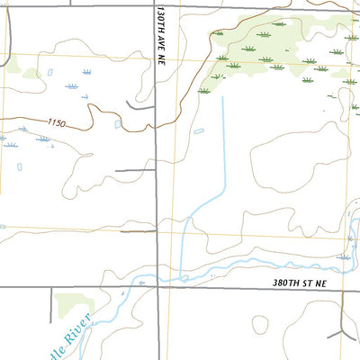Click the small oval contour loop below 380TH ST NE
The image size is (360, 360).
point(261,322)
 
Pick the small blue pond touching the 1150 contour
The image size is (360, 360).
point(118,124)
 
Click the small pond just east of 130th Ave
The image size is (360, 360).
point(199,130)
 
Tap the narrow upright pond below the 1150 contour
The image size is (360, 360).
point(20,166)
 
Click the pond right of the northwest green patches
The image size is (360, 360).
point(49,71)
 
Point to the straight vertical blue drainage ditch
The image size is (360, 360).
point(222,144)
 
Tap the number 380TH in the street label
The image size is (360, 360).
point(287,282)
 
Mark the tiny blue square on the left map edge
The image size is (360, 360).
point(3,227)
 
